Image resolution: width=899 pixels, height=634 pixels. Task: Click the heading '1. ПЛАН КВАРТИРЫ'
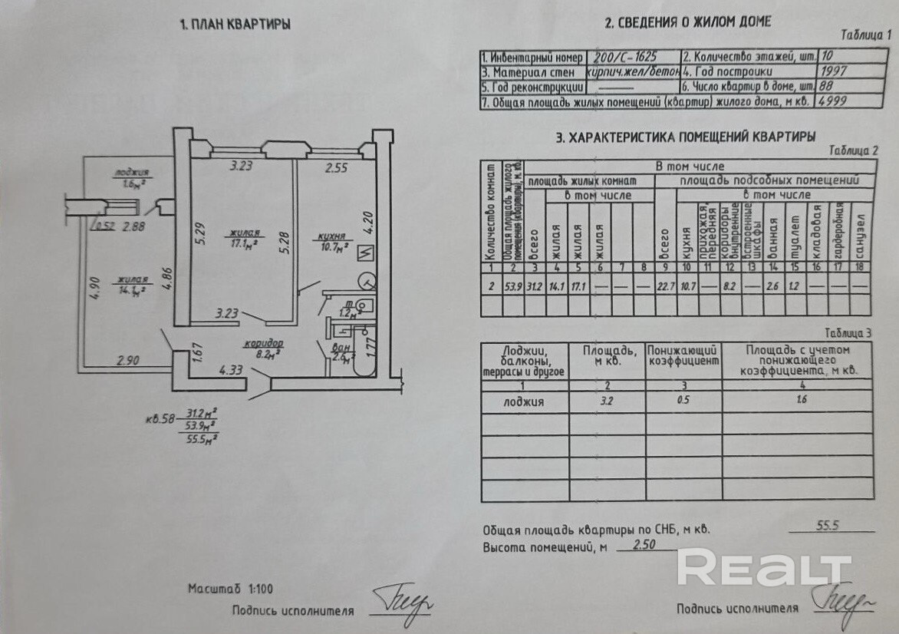click(235, 25)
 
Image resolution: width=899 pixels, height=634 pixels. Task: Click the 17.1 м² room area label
click(244, 243)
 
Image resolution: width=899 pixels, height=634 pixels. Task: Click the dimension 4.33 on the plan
click(231, 370)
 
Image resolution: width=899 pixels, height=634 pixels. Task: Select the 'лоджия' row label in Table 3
click(524, 401)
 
